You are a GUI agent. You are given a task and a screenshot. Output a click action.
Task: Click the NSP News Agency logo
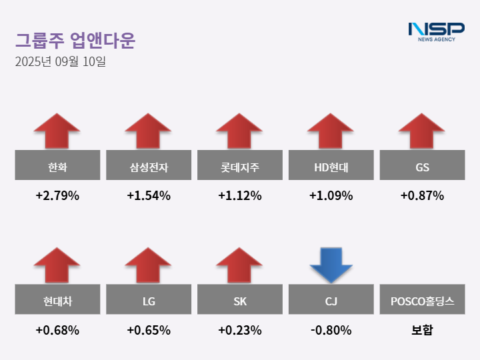tap(436, 31)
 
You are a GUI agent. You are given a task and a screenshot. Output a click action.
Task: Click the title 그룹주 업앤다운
tap(75, 41)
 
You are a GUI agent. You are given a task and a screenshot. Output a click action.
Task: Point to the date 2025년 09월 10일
tap(60, 62)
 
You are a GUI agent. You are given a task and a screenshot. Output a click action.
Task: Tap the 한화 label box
tap(57, 166)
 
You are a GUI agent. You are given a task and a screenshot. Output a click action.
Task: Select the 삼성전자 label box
tap(149, 166)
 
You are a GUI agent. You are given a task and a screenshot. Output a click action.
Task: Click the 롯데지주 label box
tap(240, 166)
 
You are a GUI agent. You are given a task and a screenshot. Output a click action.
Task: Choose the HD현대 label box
tap(331, 166)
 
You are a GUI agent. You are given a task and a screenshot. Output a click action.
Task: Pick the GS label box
tap(422, 166)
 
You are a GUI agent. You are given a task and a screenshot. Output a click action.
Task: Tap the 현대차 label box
tap(57, 301)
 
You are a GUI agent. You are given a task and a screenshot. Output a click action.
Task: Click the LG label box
tap(149, 301)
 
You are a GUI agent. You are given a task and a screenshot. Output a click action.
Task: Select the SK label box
tap(240, 301)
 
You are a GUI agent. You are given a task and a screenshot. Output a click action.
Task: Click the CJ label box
tap(331, 301)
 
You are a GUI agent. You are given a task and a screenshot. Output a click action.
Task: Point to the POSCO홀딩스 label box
tap(422, 301)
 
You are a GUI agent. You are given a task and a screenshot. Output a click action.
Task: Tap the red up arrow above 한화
tap(57, 131)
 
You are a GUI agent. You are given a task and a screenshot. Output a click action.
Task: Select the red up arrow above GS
tap(422, 131)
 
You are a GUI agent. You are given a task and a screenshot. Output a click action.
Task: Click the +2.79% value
tap(57, 196)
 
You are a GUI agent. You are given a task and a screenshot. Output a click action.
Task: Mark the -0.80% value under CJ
tap(331, 330)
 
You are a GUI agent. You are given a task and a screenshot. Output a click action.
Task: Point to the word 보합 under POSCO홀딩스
tap(422, 330)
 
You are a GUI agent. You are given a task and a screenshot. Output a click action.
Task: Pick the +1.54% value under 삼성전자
tap(149, 196)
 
